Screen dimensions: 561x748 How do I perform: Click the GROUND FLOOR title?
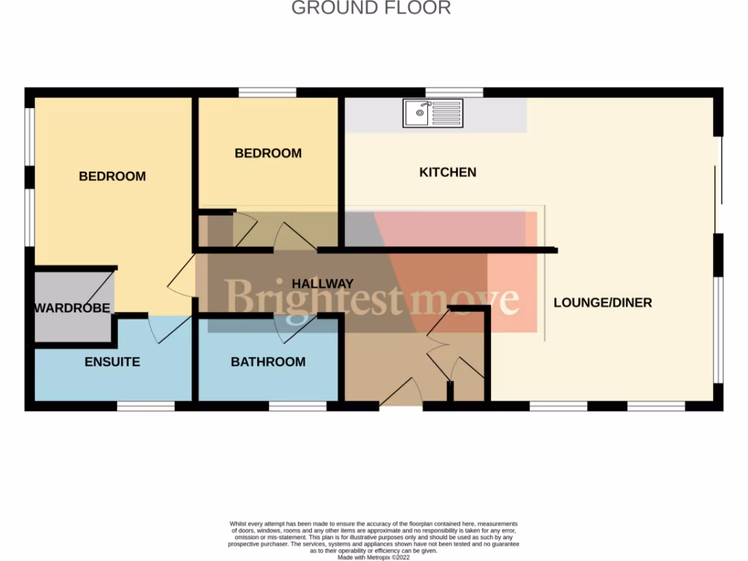(x=371, y=8)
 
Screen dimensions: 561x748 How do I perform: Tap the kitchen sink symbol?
(x=432, y=113)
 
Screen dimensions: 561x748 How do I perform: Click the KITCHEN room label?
(x=447, y=172)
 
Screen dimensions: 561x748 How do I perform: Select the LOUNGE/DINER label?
(x=602, y=302)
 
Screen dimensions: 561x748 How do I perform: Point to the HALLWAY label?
(x=322, y=283)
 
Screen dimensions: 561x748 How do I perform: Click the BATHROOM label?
(x=268, y=362)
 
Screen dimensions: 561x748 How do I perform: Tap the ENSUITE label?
(x=112, y=362)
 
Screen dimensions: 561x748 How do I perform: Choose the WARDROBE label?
(x=72, y=308)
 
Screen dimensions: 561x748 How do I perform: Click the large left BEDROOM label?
(x=112, y=176)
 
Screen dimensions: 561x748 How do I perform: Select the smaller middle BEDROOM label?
(x=267, y=153)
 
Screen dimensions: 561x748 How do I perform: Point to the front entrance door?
(x=400, y=393)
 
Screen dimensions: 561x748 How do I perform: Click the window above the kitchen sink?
(x=454, y=93)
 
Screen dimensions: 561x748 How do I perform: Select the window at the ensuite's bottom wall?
(x=146, y=405)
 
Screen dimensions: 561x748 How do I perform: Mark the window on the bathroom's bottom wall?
(x=297, y=405)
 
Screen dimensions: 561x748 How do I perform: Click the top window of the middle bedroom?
(x=267, y=93)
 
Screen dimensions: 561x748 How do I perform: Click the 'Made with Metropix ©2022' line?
(x=373, y=557)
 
